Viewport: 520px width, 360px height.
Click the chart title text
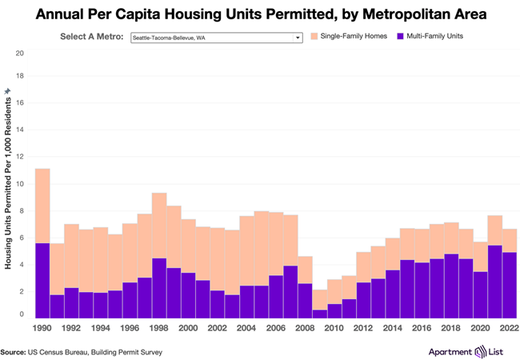tap(260, 14)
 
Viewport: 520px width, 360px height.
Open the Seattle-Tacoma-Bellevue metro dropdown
tap(216, 37)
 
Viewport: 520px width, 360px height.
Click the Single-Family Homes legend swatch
tap(314, 37)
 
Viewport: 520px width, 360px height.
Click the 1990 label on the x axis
tap(43, 327)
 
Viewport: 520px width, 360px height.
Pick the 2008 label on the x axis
tap(304, 327)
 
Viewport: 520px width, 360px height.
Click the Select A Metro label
tap(92, 37)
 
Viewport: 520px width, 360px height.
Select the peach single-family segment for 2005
tap(261, 248)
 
